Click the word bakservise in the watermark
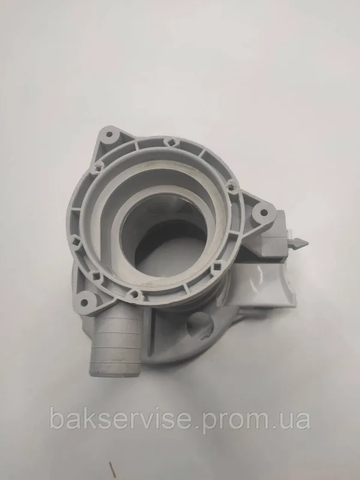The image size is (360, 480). pyautogui.click(x=121, y=418)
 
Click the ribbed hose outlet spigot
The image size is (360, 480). pyautogui.click(x=115, y=342)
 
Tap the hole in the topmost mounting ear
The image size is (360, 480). pyautogui.click(x=109, y=134)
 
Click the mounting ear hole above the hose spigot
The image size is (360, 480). pyautogui.click(x=83, y=303)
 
